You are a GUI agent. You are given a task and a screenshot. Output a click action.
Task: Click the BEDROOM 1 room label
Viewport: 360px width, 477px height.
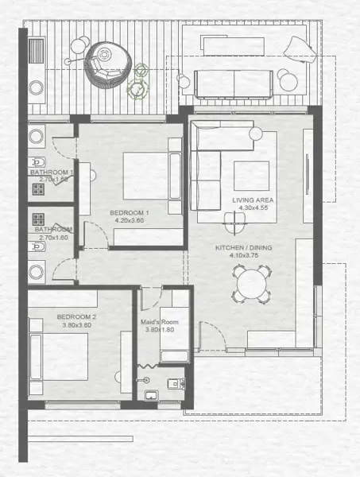point(130,213)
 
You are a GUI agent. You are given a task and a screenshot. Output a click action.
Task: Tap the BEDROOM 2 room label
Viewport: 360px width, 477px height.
point(77,317)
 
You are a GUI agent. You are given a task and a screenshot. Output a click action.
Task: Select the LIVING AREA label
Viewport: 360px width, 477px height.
point(252,200)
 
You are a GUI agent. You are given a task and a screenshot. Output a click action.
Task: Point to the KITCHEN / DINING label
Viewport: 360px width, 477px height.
point(244,248)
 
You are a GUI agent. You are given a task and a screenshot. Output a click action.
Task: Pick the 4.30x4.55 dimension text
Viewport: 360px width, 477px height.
point(252,208)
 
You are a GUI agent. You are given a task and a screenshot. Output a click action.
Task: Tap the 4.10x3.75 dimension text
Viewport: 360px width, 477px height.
point(244,256)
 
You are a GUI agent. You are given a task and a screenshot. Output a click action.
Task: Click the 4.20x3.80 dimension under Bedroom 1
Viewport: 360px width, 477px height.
point(130,221)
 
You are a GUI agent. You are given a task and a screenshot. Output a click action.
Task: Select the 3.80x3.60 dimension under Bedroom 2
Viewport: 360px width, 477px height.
point(77,325)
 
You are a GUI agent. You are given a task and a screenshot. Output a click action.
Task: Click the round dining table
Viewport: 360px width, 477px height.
point(250,283)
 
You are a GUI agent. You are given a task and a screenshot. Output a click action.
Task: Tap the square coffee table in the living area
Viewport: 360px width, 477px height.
point(250,176)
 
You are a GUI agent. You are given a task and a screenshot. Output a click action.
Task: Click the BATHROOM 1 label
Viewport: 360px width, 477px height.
point(51,173)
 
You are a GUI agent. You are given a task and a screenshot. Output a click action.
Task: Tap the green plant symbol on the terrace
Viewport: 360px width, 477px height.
point(141,78)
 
